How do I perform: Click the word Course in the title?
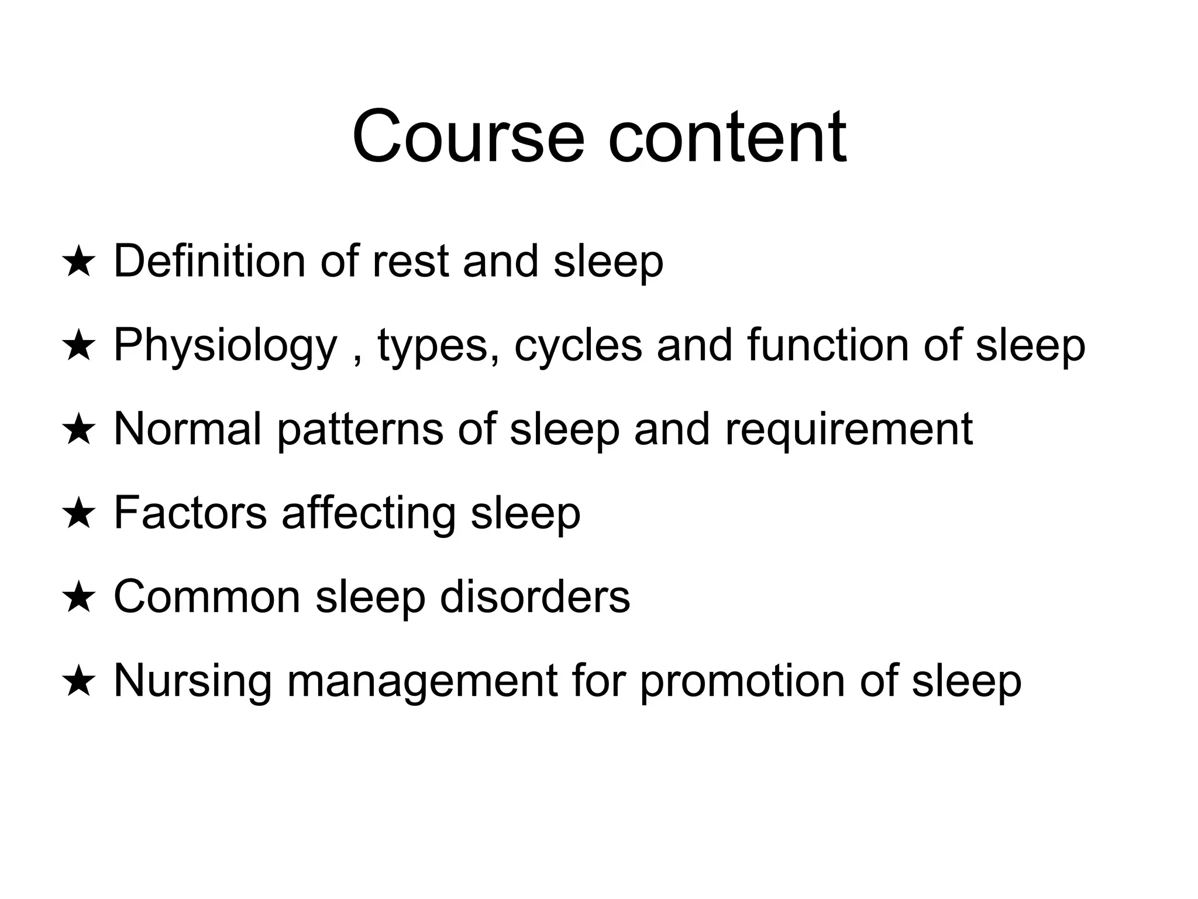[468, 137]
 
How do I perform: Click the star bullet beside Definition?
[78, 262]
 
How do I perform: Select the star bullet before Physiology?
[78, 346]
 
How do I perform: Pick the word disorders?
[535, 597]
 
